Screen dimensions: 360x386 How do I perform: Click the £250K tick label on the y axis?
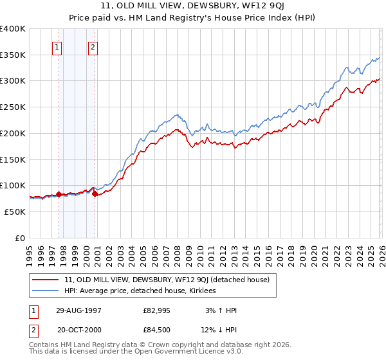click(13, 107)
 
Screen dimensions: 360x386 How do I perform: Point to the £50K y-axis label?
click(15, 212)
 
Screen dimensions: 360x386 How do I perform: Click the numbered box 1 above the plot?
click(57, 46)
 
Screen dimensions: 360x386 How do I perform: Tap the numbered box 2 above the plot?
click(93, 46)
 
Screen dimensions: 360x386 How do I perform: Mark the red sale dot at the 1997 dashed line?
click(59, 194)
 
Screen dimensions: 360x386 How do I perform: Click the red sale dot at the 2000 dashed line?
click(95, 193)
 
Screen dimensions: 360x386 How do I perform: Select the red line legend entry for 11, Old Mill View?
click(170, 280)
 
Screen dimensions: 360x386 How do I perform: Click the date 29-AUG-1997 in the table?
click(79, 310)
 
